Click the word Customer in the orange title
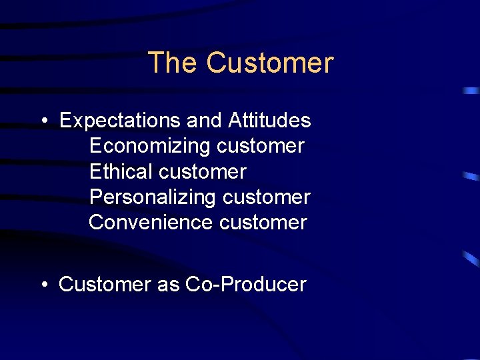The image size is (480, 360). [x=269, y=63]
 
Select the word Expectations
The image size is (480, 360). [x=121, y=121]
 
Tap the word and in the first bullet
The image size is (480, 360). [x=205, y=121]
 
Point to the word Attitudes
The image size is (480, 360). [x=269, y=121]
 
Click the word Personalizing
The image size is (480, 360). [x=153, y=197]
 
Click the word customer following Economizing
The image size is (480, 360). [x=261, y=146]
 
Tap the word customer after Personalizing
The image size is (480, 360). [x=267, y=197]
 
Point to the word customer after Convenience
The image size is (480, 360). [x=263, y=223]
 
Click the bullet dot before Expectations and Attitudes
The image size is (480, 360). [x=43, y=121]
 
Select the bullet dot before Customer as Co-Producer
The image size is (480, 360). [x=43, y=285]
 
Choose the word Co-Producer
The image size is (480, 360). [x=245, y=285]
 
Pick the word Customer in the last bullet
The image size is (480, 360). [x=105, y=285]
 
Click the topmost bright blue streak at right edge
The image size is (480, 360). [x=471, y=90]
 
